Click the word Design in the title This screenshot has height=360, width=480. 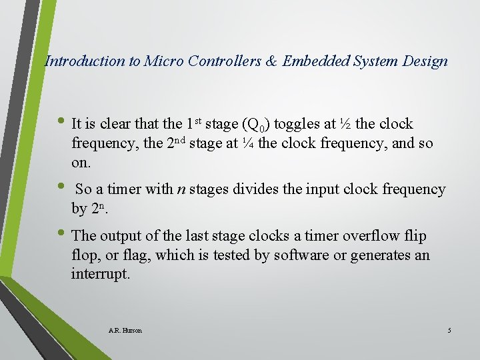click(425, 61)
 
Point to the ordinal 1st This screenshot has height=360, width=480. click(193, 123)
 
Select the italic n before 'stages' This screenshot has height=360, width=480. click(180, 189)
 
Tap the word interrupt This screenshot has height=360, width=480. click(100, 274)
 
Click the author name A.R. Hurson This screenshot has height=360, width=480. click(125, 330)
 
